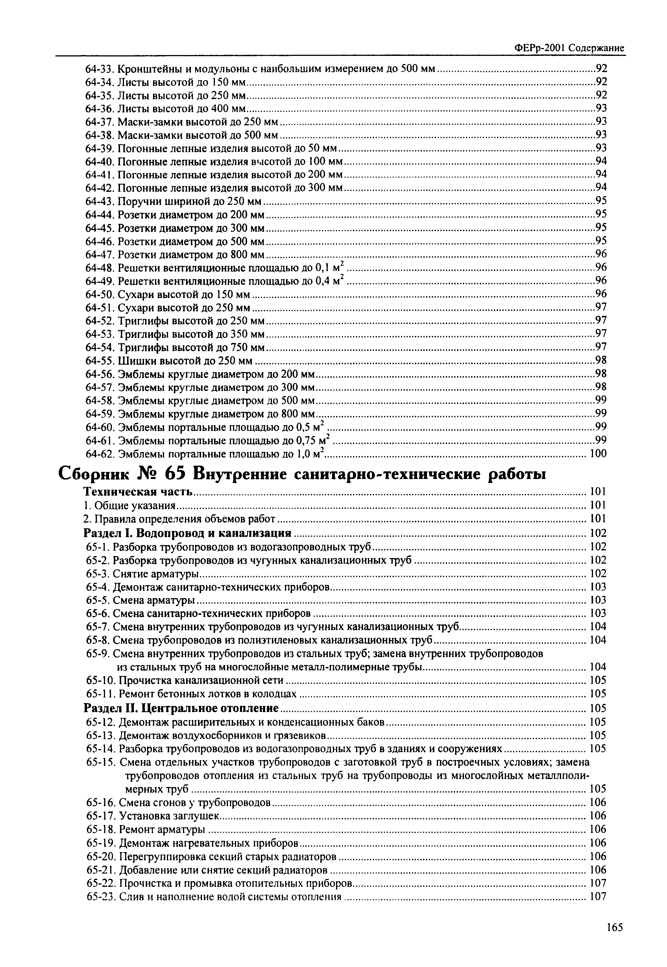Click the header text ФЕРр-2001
[x=540, y=48]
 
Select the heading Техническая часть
[x=138, y=492]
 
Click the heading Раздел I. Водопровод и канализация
[x=187, y=533]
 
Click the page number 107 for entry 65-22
[x=598, y=883]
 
